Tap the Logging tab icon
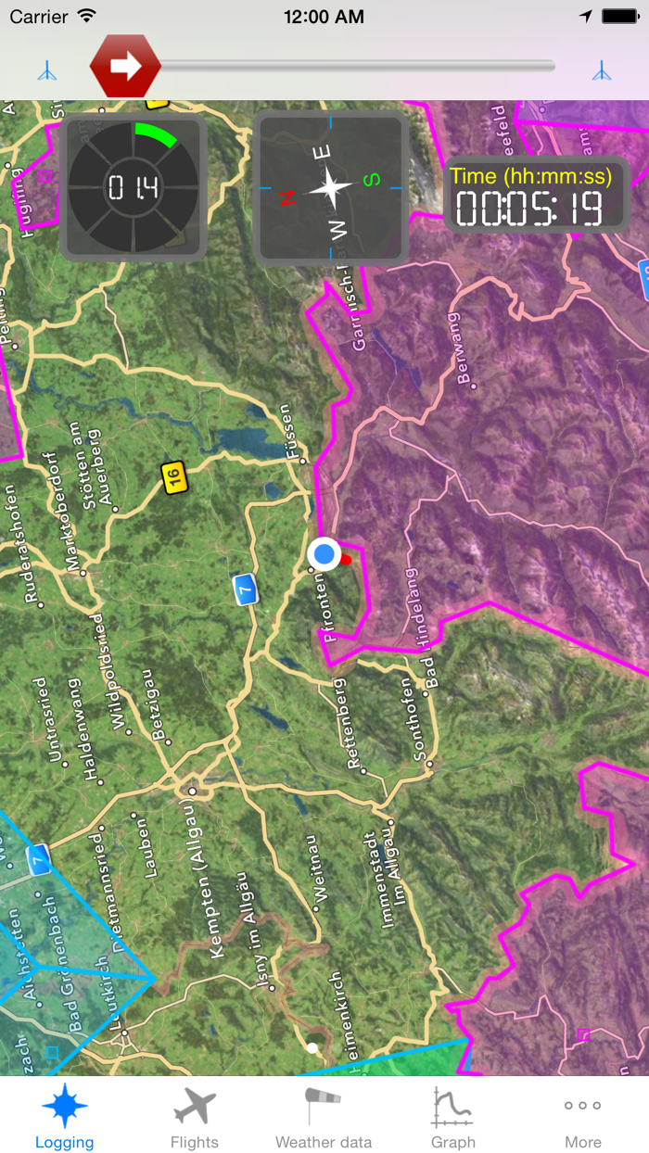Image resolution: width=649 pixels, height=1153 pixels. (x=65, y=1107)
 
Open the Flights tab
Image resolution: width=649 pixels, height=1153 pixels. (x=195, y=1107)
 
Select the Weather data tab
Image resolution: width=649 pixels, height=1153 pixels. (x=324, y=1107)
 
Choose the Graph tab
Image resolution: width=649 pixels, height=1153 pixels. (x=453, y=1107)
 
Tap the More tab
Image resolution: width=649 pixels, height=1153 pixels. (x=583, y=1107)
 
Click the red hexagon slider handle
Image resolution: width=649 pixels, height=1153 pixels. (x=125, y=66)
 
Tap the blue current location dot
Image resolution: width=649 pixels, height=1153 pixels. (x=324, y=554)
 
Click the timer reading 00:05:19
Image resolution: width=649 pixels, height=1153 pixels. (x=528, y=209)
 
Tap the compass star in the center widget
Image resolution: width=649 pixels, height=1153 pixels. (x=331, y=188)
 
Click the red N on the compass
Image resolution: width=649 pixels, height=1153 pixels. (x=287, y=196)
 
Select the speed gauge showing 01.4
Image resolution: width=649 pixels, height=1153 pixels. (x=134, y=188)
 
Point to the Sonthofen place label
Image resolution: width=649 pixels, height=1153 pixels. (x=421, y=719)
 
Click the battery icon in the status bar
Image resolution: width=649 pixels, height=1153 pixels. (x=618, y=17)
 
